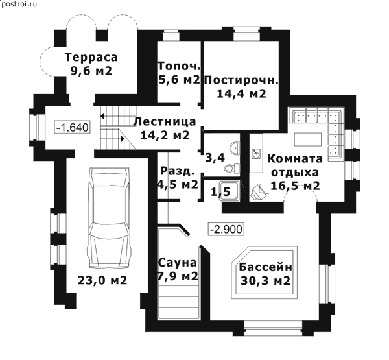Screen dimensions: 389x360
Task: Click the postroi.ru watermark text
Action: click(19, 4)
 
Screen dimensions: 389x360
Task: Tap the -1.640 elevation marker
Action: click(72, 128)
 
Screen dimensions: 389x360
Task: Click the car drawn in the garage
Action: click(108, 218)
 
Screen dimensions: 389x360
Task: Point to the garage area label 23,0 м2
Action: click(102, 280)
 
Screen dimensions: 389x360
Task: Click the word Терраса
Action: click(91, 57)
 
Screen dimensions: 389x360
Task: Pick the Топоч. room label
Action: click(179, 66)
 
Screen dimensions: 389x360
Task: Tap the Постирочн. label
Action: click(241, 80)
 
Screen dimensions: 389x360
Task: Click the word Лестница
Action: click(165, 122)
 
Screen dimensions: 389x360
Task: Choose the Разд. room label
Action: click(177, 171)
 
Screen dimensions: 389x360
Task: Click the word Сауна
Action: click(177, 263)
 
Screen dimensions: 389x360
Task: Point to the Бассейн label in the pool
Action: click(266, 268)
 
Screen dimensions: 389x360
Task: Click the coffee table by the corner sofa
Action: click(308, 139)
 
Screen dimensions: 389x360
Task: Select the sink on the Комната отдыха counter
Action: click(256, 154)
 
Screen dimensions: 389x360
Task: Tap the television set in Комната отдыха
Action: click(258, 192)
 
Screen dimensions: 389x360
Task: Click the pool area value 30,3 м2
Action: click(265, 281)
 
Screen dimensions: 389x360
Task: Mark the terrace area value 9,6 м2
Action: click(91, 71)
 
